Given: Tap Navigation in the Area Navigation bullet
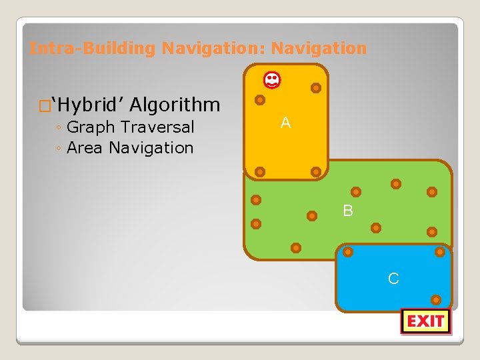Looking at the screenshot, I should (x=151, y=147).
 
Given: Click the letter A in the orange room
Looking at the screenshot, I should (x=285, y=123).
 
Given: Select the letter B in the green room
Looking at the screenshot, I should (x=348, y=211).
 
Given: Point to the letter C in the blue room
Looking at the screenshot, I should (x=393, y=279).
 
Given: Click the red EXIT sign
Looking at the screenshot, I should (x=425, y=321).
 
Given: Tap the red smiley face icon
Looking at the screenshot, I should (x=272, y=81).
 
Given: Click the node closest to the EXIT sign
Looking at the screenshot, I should (x=436, y=300).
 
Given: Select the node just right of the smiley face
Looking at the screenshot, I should (x=316, y=88).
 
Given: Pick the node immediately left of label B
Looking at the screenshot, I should (x=311, y=215).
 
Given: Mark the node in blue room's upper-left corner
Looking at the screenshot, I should (x=347, y=252).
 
